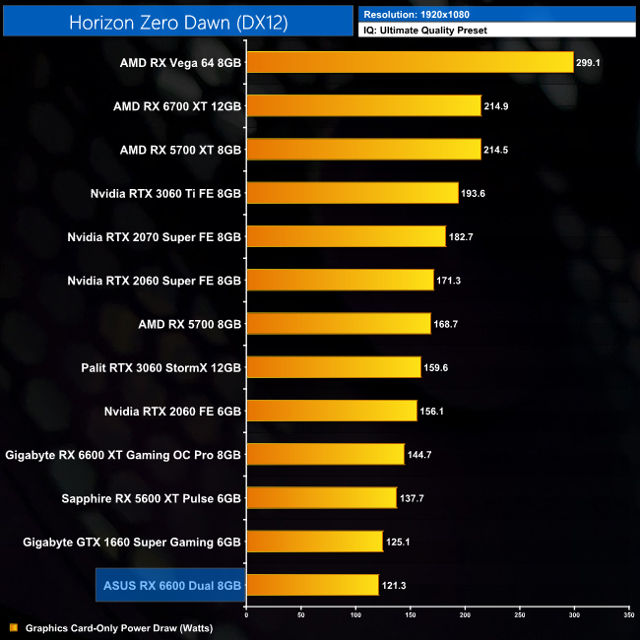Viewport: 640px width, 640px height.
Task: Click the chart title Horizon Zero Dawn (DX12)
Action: (178, 23)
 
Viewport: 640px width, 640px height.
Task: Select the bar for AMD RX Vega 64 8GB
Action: (410, 62)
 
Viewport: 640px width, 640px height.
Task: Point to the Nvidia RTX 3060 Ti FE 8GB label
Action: (164, 193)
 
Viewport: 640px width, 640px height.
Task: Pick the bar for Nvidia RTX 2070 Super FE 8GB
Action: (346, 236)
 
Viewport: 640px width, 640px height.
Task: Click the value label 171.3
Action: (453, 281)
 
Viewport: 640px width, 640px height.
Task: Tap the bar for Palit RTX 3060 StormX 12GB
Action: (334, 367)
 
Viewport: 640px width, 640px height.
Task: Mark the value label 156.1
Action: (436, 411)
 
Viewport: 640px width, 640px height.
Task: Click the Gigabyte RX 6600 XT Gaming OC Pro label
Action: (123, 455)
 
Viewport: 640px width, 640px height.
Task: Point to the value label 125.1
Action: (402, 542)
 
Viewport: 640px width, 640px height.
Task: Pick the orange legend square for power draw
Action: (13, 627)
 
